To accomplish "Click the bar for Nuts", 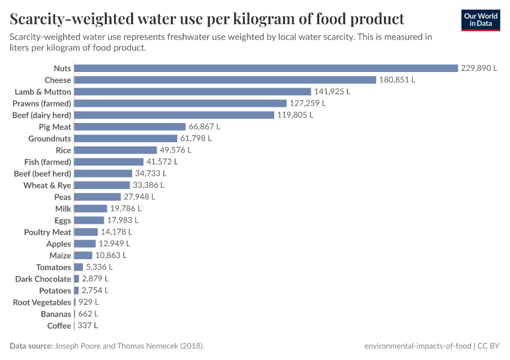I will [x=266, y=68].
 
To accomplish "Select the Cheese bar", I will [x=225, y=80].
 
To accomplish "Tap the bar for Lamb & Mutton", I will [x=193, y=92].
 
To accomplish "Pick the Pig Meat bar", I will [x=130, y=127].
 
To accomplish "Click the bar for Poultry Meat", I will [x=86, y=232].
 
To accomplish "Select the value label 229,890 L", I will [x=479, y=68].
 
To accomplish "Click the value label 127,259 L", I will [x=307, y=103].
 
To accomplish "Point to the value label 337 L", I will [x=88, y=326].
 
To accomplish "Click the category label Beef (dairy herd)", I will [x=42, y=115].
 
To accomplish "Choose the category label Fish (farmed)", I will [x=48, y=162].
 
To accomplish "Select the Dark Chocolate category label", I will [x=43, y=279].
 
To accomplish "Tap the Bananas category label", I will [x=56, y=314].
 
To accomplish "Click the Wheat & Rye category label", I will [x=47, y=185].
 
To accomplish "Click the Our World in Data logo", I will [x=481, y=20].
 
